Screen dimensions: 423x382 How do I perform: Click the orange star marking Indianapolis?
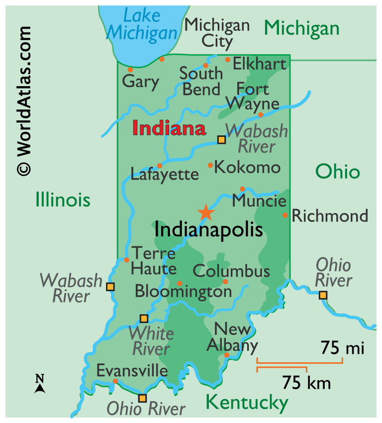click(205, 212)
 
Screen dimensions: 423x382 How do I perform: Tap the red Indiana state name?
click(169, 129)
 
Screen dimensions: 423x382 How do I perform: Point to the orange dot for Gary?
click(130, 70)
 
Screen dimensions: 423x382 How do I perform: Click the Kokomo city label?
click(247, 167)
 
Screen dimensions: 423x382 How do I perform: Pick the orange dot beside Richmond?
click(285, 215)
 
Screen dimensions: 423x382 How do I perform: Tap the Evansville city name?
click(132, 371)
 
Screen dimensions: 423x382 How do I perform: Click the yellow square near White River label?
click(144, 318)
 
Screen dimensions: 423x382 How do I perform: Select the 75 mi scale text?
click(342, 347)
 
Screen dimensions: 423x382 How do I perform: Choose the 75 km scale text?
click(306, 383)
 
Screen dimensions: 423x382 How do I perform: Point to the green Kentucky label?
click(247, 402)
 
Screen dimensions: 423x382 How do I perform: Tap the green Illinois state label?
click(63, 200)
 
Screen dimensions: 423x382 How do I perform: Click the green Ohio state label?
click(337, 172)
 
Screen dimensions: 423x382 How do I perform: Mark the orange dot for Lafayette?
click(159, 165)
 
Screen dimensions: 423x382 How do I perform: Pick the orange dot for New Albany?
click(226, 355)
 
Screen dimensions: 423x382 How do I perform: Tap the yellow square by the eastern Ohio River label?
click(323, 295)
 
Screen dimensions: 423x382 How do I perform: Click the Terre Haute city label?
click(154, 261)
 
